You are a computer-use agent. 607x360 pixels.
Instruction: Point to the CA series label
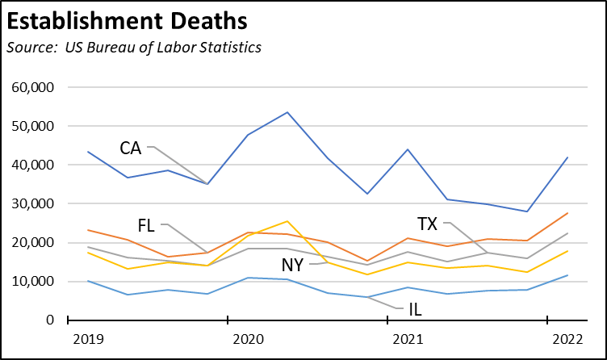pyautogui.click(x=131, y=148)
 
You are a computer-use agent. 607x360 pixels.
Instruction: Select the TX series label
pyautogui.click(x=429, y=223)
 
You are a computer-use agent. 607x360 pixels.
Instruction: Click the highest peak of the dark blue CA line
pyautogui.click(x=287, y=112)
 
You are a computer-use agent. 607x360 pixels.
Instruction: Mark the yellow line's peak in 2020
pyautogui.click(x=287, y=221)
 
